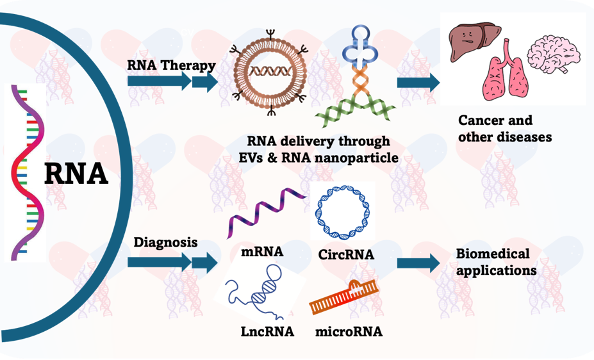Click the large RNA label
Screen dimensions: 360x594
(76, 172)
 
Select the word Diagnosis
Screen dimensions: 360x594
(165, 243)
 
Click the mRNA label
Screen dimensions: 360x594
(262, 251)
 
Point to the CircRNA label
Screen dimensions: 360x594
(346, 255)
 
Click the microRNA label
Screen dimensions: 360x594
(349, 332)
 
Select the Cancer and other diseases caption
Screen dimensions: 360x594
(504, 128)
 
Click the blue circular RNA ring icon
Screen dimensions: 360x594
(342, 210)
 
